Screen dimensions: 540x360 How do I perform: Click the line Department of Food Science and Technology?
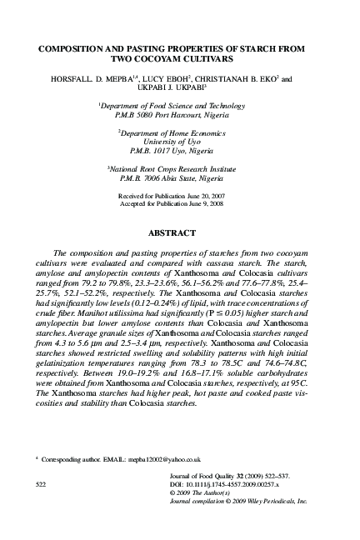181,108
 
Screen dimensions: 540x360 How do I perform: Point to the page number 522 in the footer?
41,482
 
